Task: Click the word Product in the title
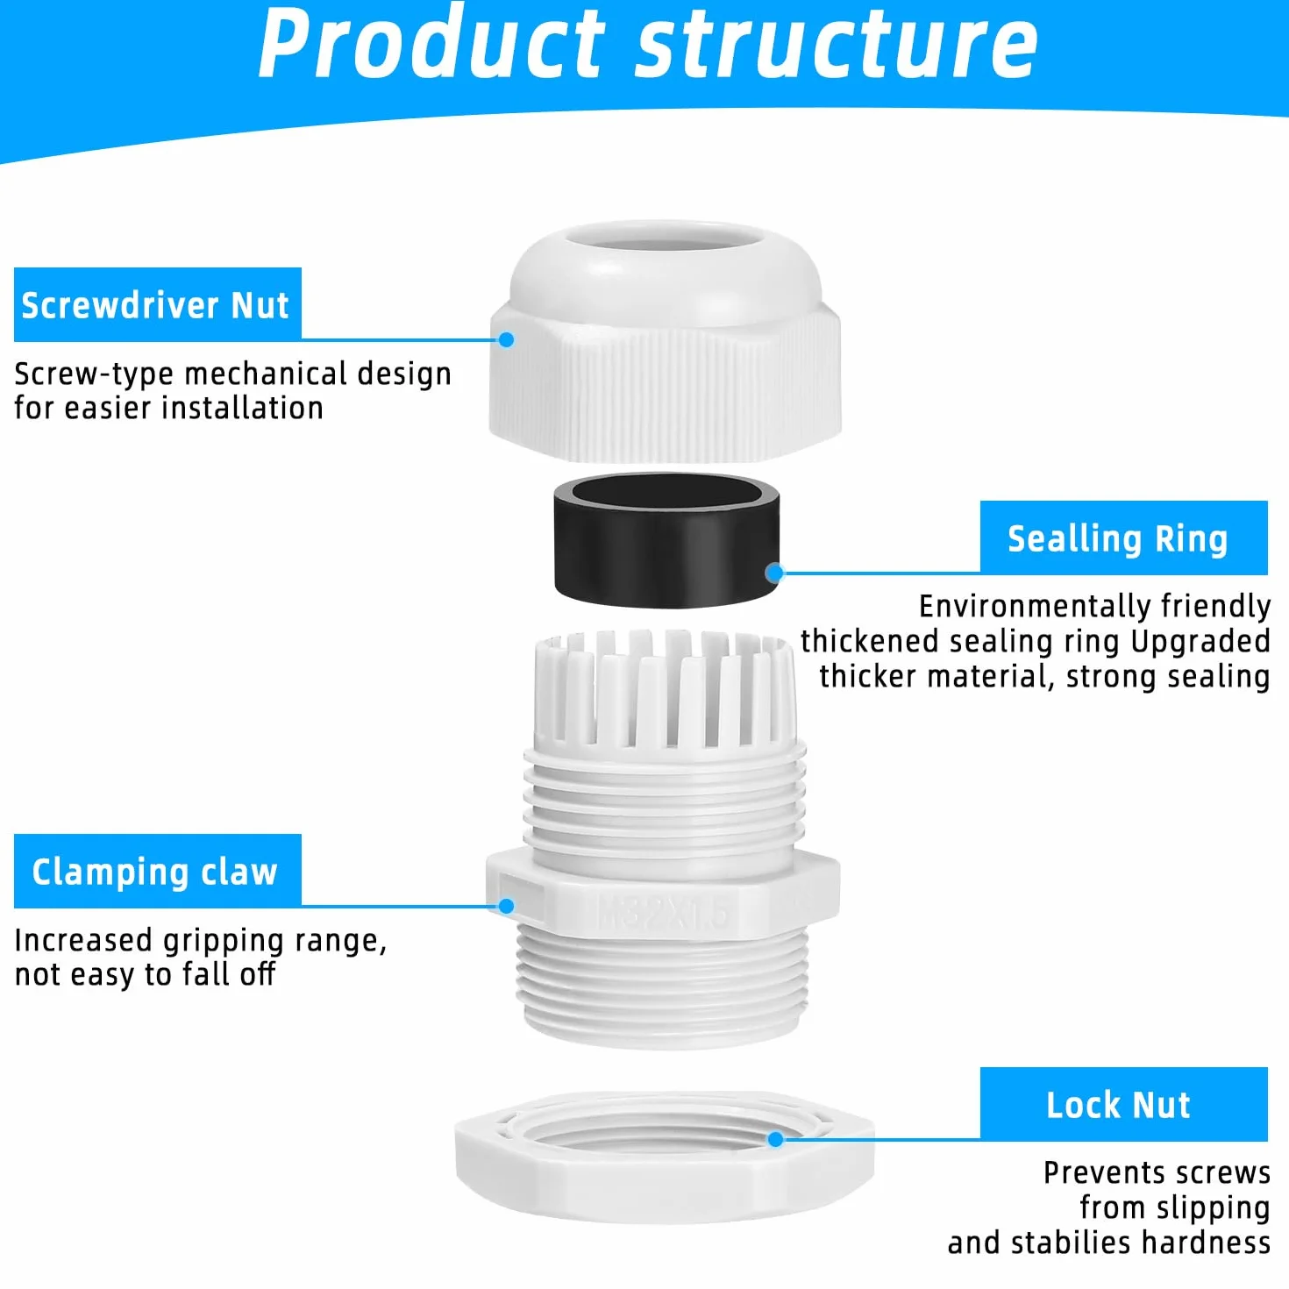(x=431, y=45)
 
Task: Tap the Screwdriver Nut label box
(x=157, y=304)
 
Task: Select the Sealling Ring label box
(x=1124, y=538)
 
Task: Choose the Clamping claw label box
(x=157, y=871)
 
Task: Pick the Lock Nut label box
(x=1124, y=1104)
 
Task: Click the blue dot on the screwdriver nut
(x=506, y=340)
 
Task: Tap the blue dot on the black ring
(x=774, y=573)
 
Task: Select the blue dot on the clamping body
(x=506, y=906)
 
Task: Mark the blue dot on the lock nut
(x=775, y=1139)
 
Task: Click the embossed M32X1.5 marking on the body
(x=662, y=911)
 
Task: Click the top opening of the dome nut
(x=665, y=239)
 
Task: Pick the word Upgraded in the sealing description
(x=1200, y=642)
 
